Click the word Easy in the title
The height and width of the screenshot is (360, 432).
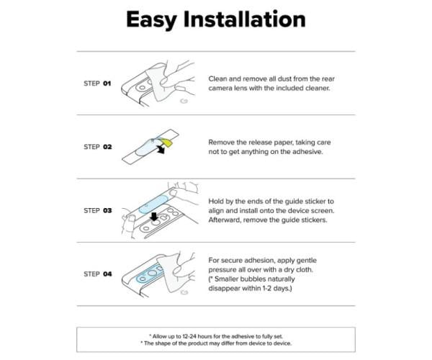tap(151, 20)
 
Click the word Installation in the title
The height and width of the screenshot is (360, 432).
tap(245, 19)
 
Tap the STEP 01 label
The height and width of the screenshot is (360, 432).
tap(97, 84)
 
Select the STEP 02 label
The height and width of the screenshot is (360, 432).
tap(97, 147)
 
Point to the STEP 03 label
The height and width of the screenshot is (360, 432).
tap(97, 210)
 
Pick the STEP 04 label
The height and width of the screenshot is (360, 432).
tap(97, 274)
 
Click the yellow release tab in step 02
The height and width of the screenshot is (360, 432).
tap(167, 143)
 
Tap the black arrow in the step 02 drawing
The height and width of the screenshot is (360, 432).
tap(160, 150)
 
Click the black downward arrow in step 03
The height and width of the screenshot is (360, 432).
tap(154, 217)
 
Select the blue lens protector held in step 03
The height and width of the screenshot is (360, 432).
tap(154, 204)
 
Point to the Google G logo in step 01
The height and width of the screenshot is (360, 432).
tap(184, 101)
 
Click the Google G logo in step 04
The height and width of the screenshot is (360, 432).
tap(184, 292)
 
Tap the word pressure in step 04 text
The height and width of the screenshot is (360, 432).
tap(222, 270)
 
